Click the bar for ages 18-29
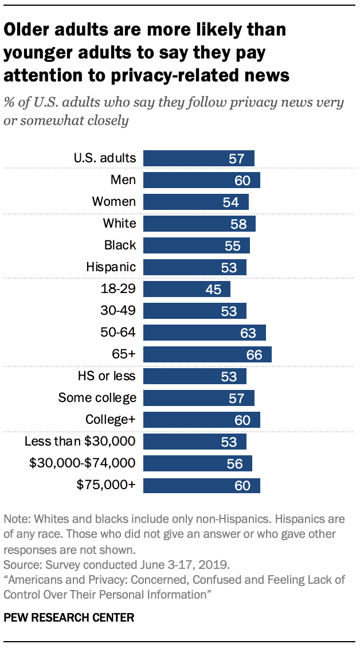click(186, 289)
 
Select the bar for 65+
click(207, 354)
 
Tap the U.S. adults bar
click(198, 158)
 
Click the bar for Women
click(195, 202)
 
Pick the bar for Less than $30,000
click(194, 442)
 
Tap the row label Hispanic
click(111, 267)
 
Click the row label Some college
click(97, 398)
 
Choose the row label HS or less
click(107, 376)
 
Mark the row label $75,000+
click(106, 485)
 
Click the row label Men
click(123, 180)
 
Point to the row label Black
click(120, 245)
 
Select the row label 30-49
click(118, 311)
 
